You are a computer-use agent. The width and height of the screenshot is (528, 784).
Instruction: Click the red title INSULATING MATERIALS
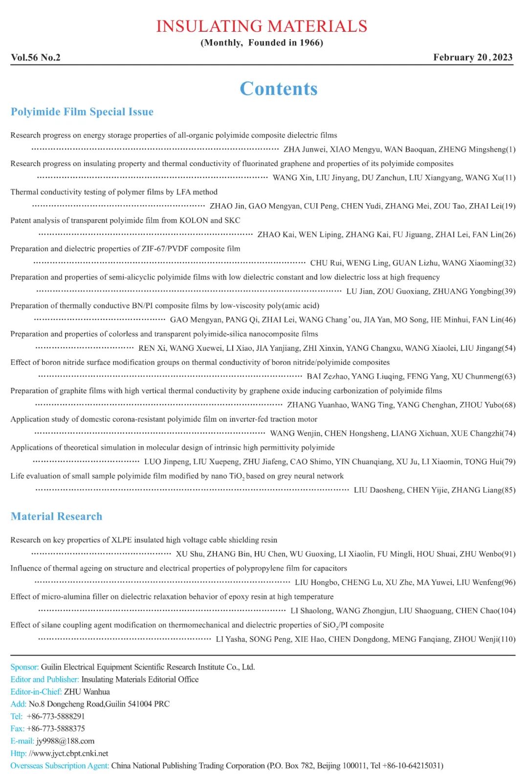click(x=262, y=26)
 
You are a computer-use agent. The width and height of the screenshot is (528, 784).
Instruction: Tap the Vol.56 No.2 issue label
click(x=36, y=58)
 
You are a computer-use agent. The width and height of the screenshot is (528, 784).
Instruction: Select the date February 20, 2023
click(x=473, y=58)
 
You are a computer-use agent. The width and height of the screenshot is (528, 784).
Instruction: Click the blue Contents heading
click(x=278, y=88)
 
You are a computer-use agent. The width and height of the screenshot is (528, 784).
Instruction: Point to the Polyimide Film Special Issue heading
click(x=82, y=112)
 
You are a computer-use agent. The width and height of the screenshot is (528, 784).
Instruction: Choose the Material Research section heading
click(x=57, y=516)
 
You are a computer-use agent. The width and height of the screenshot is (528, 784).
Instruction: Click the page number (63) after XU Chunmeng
click(x=509, y=377)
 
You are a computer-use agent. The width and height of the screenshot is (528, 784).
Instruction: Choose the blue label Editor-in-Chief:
click(x=36, y=692)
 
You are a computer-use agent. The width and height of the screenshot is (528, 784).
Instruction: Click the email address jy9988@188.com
click(x=66, y=741)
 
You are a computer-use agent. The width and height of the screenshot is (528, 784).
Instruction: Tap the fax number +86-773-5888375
click(x=56, y=728)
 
